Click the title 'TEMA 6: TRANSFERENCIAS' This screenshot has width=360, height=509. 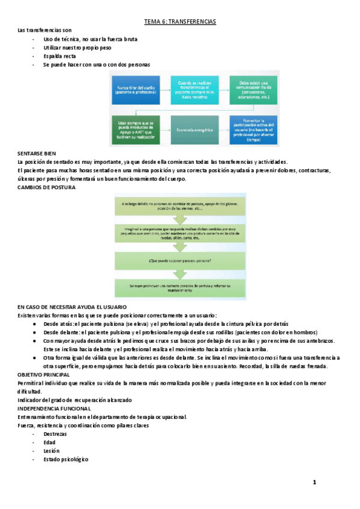[x=180, y=22]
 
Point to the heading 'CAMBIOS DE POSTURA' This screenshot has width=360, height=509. [x=47, y=187]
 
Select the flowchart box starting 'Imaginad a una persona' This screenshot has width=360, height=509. [x=180, y=233]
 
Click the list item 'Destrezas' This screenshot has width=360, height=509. [x=55, y=433]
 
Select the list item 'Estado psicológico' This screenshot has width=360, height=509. [x=66, y=459]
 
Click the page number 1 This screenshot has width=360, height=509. [x=314, y=483]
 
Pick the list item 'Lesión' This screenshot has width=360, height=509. [x=52, y=451]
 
